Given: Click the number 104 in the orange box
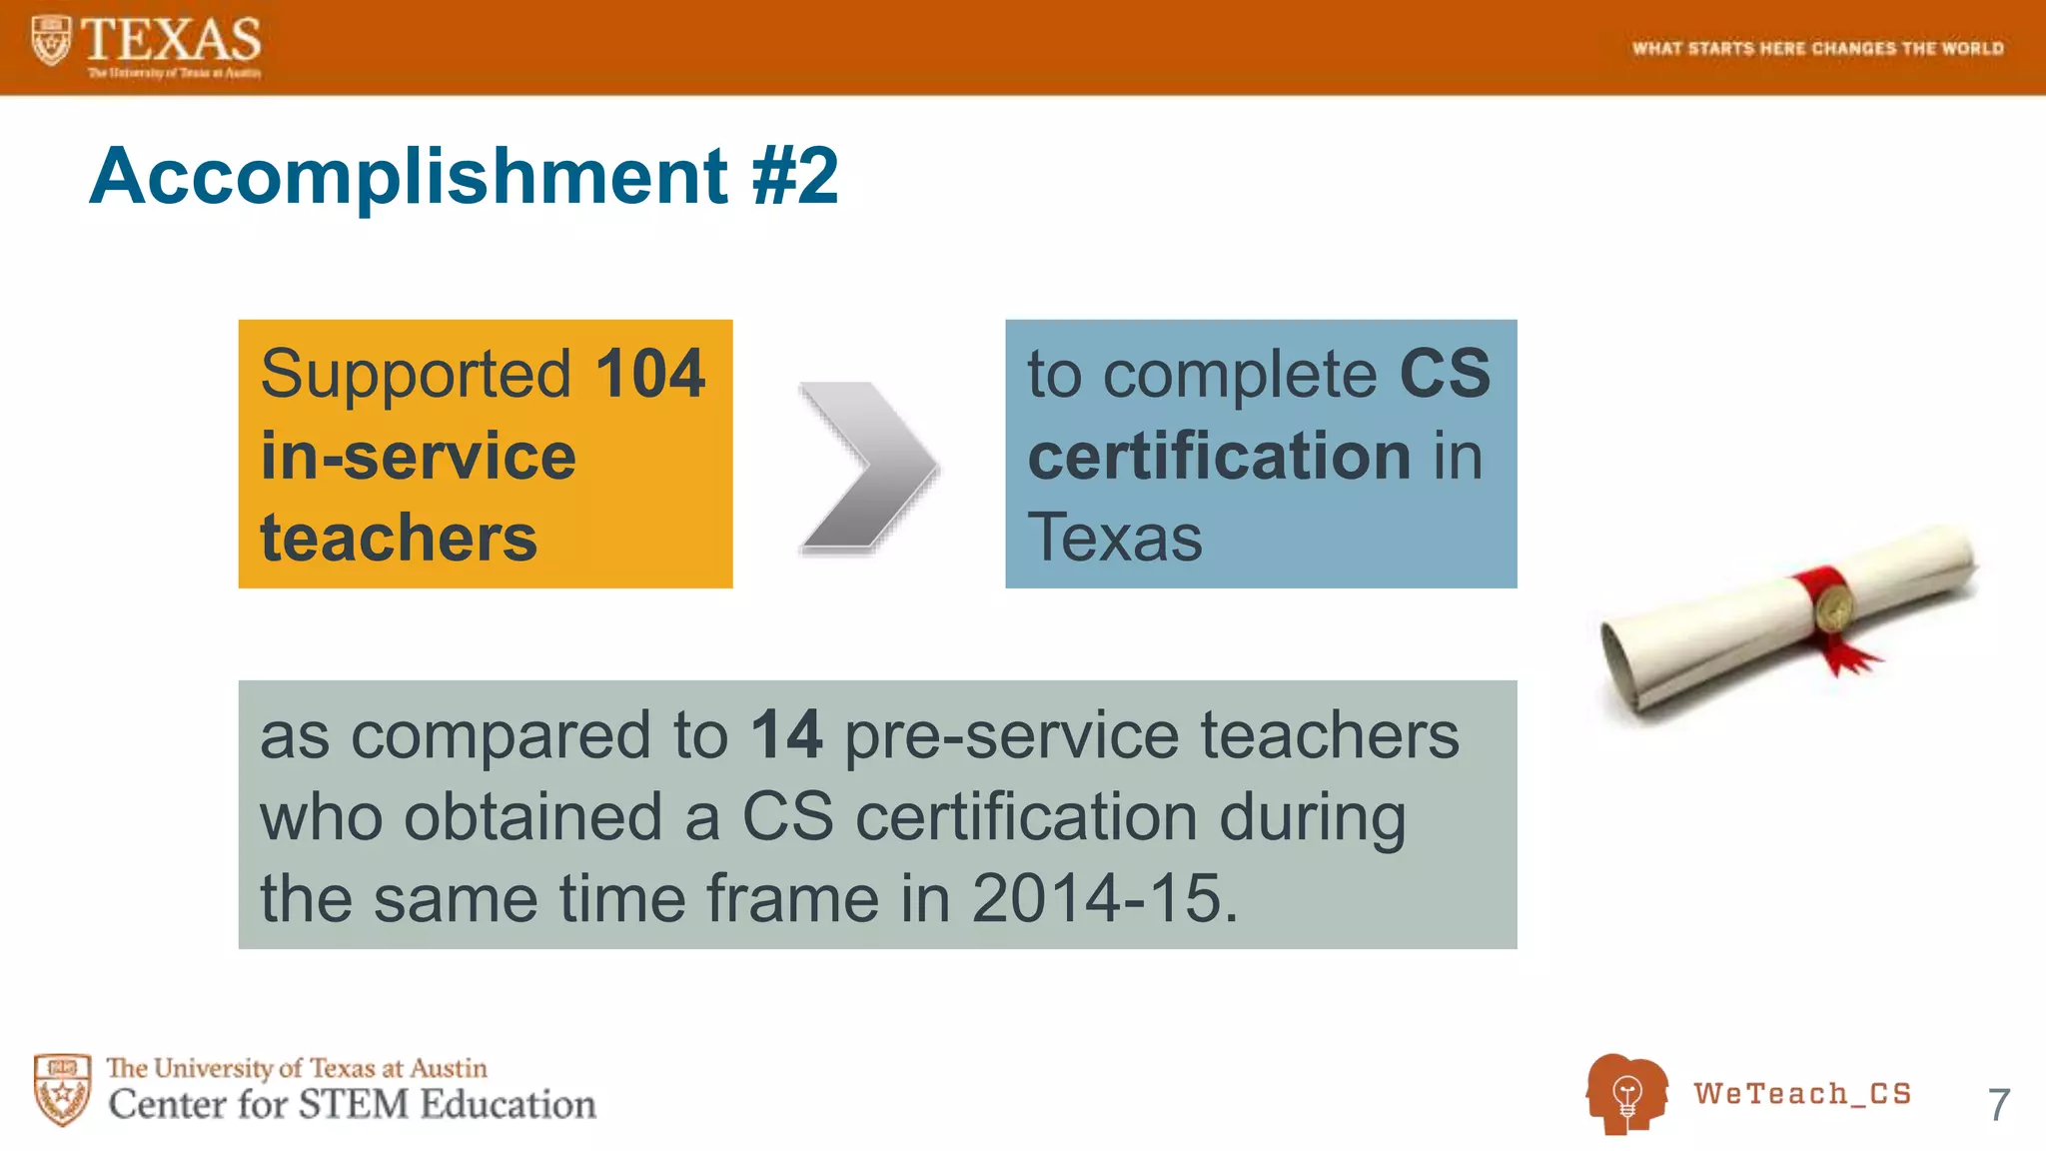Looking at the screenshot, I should pos(650,374).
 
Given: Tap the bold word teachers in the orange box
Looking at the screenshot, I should pos(399,538).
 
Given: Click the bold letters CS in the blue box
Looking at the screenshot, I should pos(1445,374).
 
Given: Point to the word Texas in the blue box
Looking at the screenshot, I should pos(1115,538).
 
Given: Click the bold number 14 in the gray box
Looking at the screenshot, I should pos(786,735).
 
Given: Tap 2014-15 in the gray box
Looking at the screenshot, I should pos(1097,897).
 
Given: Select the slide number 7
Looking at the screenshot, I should pos(1998,1105).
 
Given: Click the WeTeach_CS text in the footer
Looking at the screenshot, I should pos(1802,1094).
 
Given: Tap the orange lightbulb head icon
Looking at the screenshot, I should pos(1626,1094).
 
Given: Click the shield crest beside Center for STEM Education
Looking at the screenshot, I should pos(62,1089).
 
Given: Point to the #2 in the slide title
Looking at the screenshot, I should pos(795,176).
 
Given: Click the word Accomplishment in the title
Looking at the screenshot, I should pos(409,176).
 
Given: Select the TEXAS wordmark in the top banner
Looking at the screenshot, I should pos(170,40).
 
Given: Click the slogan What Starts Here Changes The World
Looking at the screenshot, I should pos(1817,48).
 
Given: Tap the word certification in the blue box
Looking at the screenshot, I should pos(1219,456).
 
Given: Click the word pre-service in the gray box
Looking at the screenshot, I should pos(1012,735).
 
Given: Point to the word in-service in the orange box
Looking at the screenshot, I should pos(418,456).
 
